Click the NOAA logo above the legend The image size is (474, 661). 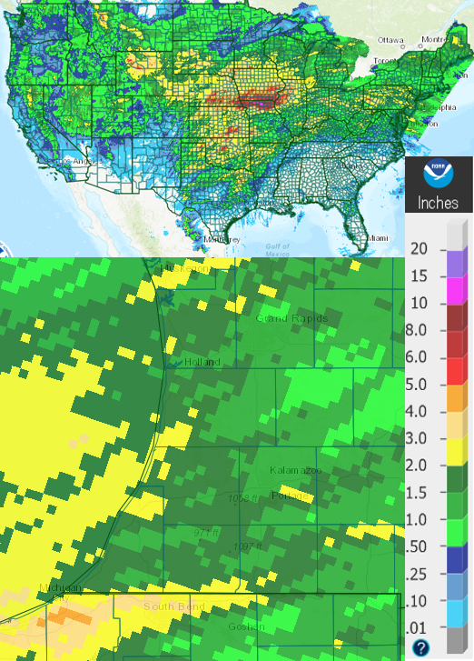coord(439,172)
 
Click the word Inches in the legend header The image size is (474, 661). coord(438,203)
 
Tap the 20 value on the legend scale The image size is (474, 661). coord(419,248)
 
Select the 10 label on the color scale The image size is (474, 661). coord(419,303)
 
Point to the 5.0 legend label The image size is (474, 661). coord(419,385)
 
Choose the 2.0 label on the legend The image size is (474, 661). coord(419,466)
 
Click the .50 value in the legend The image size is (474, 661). coord(419,546)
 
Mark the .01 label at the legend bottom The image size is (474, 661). coord(419,627)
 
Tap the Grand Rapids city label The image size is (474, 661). coord(291,319)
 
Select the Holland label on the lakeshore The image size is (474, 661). coord(202,362)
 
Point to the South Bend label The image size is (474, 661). coord(174,606)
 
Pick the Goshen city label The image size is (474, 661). coord(247,626)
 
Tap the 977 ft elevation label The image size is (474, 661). coord(208,532)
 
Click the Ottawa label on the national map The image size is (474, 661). coord(390,40)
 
